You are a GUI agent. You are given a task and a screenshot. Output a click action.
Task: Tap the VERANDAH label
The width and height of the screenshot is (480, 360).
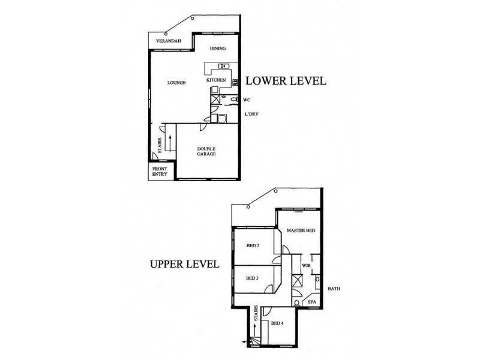point(169,41)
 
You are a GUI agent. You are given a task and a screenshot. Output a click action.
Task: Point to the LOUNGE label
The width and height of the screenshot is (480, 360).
point(176,82)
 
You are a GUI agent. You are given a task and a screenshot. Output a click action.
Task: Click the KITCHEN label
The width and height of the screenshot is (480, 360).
point(216,80)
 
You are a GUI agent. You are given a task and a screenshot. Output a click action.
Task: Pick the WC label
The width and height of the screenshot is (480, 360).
point(247,100)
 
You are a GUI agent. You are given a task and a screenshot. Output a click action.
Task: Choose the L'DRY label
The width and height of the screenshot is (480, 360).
point(250,114)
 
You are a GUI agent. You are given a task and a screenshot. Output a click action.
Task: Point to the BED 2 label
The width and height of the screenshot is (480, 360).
point(253,245)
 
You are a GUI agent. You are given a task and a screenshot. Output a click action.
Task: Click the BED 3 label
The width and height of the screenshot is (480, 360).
point(253,277)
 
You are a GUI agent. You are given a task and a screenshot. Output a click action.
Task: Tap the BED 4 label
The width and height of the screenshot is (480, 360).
point(277,324)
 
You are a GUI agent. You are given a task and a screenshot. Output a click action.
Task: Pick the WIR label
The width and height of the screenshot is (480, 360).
point(305,265)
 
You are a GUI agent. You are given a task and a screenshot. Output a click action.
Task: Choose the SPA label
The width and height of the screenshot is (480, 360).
point(311,302)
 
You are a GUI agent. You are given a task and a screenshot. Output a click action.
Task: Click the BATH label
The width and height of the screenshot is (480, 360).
point(334,289)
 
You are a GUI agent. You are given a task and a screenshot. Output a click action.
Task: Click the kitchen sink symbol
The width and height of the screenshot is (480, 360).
point(223,66)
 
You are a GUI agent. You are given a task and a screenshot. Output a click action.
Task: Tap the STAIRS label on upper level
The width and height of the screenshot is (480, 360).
point(257,315)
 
